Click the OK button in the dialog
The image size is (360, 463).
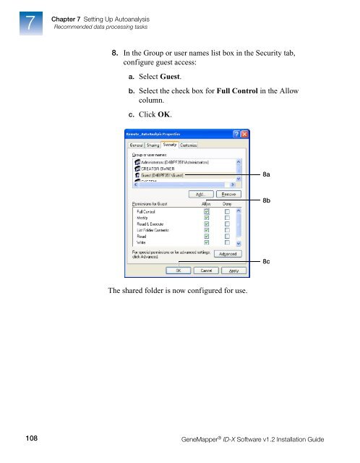click(177, 271)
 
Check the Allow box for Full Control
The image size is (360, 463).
click(207, 212)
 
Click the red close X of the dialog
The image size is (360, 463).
click(244, 135)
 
